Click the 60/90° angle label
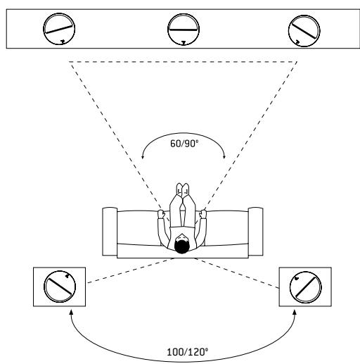coord(184,144)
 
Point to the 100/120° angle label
coord(187,352)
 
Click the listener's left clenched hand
coord(161,214)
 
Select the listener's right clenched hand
coord(203,214)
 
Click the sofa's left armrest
coord(110,232)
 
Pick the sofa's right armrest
coord(256,232)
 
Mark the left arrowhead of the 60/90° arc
coord(142,157)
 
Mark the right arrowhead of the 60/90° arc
coord(224,157)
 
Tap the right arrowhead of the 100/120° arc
coord(295,312)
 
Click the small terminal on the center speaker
coord(184,43)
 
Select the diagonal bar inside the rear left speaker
coord(60,287)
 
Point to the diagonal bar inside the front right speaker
coord(304,30)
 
